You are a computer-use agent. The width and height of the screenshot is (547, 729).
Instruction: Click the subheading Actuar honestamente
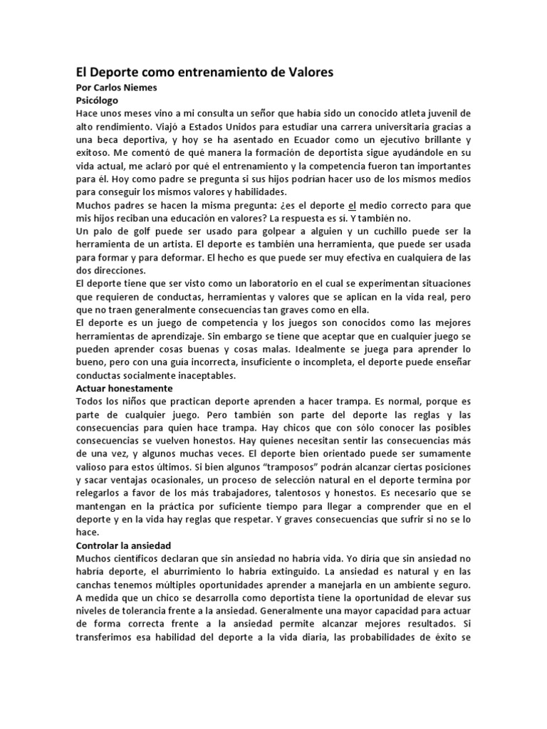124,389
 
